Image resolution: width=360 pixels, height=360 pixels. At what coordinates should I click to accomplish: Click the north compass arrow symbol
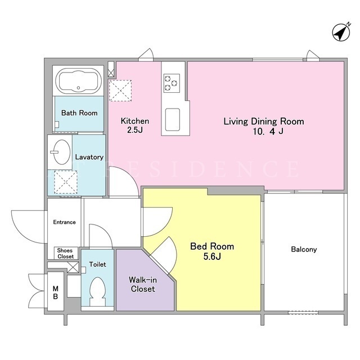pyautogui.click(x=341, y=33)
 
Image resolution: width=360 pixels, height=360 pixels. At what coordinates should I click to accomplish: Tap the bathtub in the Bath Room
pyautogui.click(x=79, y=81)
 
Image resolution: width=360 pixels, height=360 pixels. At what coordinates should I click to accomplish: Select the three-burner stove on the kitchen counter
pyautogui.click(x=172, y=83)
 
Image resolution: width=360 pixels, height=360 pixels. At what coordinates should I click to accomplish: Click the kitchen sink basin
pyautogui.click(x=173, y=120)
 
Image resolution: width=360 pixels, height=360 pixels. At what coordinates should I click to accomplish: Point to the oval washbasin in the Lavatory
pyautogui.click(x=61, y=152)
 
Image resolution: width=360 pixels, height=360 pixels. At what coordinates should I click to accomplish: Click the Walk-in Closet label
pyautogui.click(x=143, y=284)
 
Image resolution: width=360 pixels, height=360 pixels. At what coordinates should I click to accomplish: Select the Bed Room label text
pyautogui.click(x=212, y=246)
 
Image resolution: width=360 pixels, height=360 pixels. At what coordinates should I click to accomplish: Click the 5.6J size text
pyautogui.click(x=212, y=256)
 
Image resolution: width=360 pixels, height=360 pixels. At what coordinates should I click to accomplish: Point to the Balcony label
pyautogui.click(x=304, y=249)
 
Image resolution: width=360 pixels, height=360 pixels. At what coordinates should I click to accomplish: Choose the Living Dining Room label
pyautogui.click(x=264, y=121)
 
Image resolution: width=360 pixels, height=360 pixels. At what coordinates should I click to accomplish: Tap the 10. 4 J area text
pyautogui.click(x=268, y=131)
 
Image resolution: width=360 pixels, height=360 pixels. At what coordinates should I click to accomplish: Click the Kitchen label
pyautogui.click(x=135, y=121)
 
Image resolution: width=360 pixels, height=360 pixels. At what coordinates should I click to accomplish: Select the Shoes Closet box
pyautogui.click(x=66, y=253)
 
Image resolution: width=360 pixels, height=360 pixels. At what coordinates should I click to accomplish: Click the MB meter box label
pyautogui.click(x=55, y=292)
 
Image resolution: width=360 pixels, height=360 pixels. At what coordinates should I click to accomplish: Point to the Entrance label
pyautogui.click(x=64, y=222)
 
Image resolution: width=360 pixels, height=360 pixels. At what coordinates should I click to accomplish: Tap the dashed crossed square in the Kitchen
pyautogui.click(x=120, y=91)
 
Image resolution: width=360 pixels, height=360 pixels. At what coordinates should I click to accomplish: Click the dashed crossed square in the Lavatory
pyautogui.click(x=66, y=182)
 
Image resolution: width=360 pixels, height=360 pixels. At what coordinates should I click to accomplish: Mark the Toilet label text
pyautogui.click(x=97, y=264)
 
